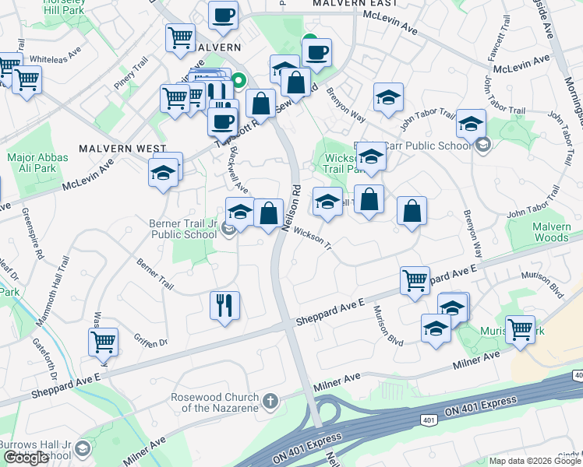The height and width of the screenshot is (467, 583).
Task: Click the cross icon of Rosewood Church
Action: (270, 402)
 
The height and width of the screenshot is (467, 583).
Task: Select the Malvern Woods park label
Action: (551, 231)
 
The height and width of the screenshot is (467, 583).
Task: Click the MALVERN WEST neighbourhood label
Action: (123, 148)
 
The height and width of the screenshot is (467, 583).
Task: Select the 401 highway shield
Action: (429, 420)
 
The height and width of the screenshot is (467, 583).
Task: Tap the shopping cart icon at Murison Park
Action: (519, 328)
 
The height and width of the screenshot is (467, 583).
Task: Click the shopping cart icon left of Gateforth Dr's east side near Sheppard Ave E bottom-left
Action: (103, 341)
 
